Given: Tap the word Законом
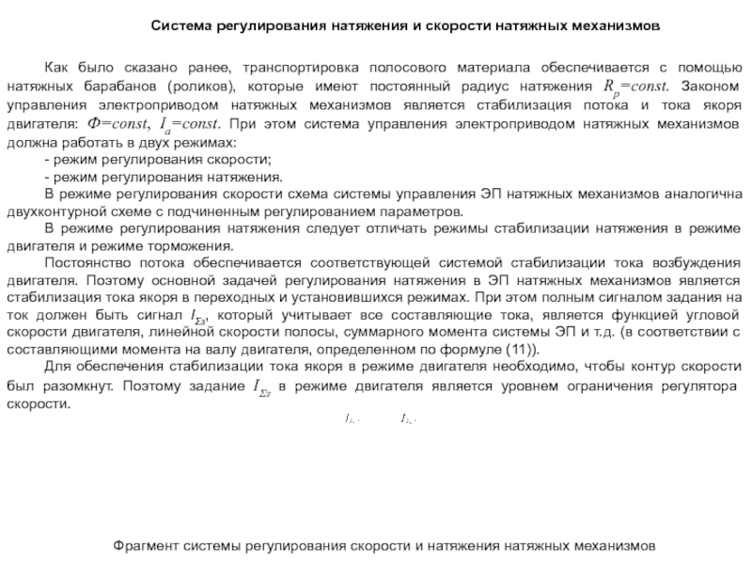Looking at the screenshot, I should [705, 87].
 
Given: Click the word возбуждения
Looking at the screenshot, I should [700, 266].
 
